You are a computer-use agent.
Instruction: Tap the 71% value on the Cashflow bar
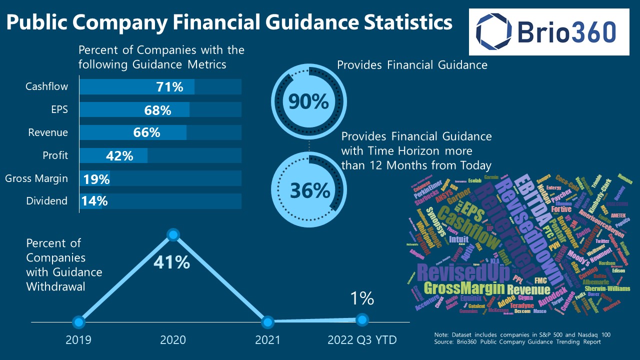coord(169,87)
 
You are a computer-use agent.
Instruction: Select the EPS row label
coord(59,109)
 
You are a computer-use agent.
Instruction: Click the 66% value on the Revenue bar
coord(147,132)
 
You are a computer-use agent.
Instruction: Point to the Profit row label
coord(55,155)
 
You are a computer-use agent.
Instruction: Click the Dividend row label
coord(46,201)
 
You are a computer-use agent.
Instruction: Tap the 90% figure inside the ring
coord(308,102)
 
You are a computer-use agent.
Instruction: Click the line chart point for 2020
coord(173,234)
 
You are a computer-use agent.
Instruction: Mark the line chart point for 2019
coord(78,321)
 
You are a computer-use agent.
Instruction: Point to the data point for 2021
coord(267,321)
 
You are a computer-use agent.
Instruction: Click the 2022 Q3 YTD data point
coord(362,319)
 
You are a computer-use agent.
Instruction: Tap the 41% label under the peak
coord(172,262)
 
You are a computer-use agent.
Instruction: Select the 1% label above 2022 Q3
coord(362,298)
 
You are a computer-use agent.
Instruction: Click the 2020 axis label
coord(173,340)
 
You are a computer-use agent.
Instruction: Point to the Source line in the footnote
coord(517,342)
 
